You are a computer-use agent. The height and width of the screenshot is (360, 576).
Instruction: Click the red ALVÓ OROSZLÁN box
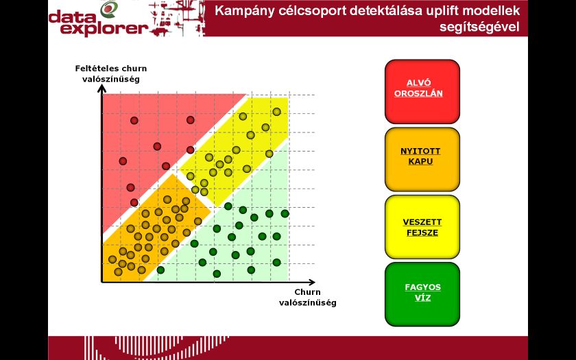[x=422, y=91]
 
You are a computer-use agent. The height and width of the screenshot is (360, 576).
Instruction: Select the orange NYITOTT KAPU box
[x=422, y=159]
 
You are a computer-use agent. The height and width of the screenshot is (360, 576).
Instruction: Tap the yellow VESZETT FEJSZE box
[x=422, y=227]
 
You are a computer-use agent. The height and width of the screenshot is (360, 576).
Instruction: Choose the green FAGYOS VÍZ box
[x=422, y=294]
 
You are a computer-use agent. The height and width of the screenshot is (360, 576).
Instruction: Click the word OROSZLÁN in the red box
[x=418, y=93]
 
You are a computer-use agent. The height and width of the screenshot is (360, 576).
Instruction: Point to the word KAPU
[x=420, y=161]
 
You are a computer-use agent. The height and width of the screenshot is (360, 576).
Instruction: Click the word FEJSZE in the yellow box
[x=422, y=232]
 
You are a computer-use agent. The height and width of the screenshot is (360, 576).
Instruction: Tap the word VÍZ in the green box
[x=422, y=298]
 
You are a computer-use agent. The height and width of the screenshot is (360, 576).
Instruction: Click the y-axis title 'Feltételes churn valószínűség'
[x=111, y=74]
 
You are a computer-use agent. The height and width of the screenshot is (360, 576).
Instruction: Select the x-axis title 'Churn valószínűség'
[x=307, y=298]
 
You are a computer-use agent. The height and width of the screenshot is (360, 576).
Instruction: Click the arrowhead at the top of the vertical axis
[x=101, y=88]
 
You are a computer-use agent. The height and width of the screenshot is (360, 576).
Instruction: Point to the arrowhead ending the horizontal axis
[x=311, y=282]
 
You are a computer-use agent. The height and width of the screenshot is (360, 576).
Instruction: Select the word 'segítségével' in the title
[x=480, y=27]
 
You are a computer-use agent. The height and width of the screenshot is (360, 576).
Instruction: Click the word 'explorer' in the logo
[x=104, y=29]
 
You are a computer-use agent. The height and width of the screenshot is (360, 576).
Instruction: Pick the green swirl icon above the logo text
[x=109, y=9]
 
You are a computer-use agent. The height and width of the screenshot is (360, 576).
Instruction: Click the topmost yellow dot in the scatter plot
[x=276, y=112]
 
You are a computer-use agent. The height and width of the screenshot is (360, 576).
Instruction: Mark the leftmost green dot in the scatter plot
[x=160, y=270]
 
